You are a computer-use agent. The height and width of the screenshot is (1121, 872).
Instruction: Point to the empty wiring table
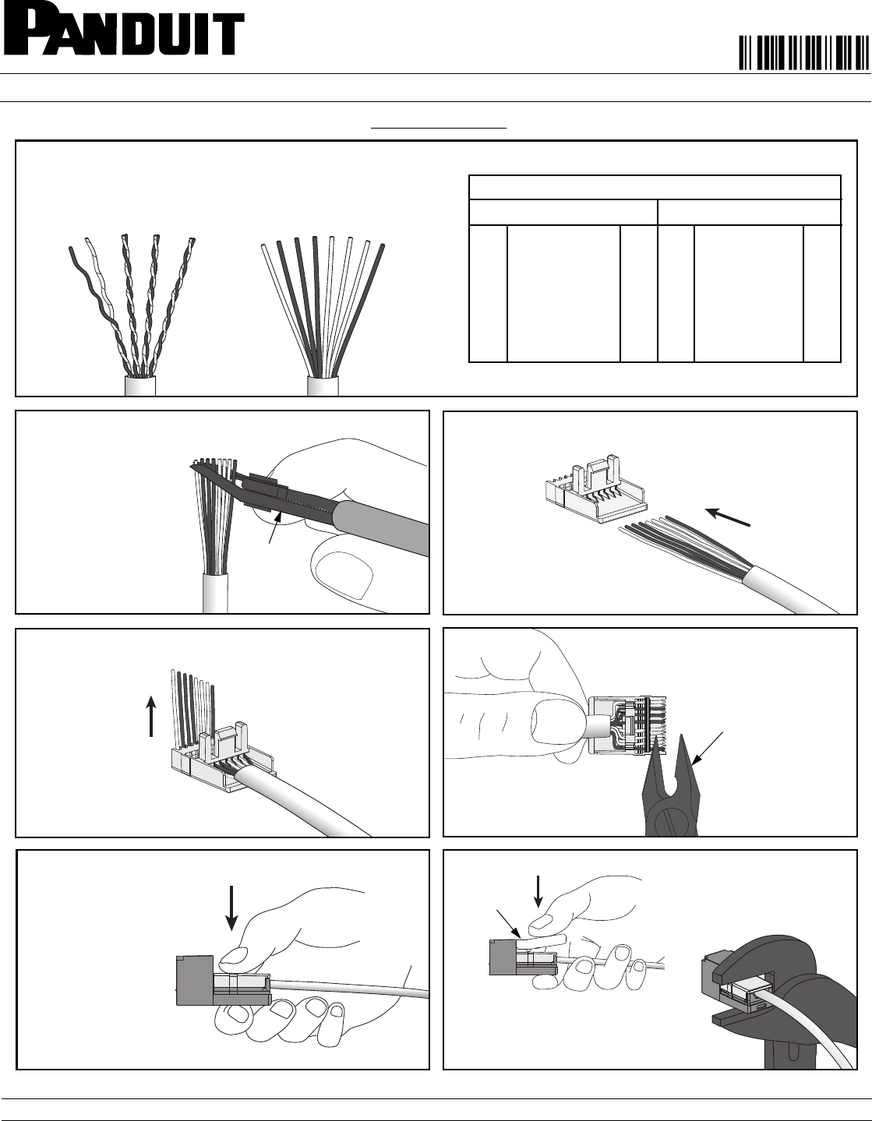(655, 269)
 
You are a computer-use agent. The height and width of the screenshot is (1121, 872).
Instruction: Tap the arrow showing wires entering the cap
(728, 517)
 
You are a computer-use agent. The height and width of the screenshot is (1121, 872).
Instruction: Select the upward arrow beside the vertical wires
(152, 715)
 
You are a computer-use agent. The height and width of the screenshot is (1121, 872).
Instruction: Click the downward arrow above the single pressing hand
(232, 908)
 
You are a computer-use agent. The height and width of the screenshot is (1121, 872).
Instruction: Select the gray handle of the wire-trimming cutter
(382, 527)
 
